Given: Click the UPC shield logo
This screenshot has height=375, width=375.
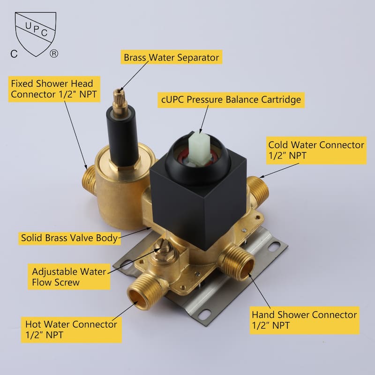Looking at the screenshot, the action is point(36,33).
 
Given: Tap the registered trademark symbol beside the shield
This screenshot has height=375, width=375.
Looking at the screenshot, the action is point(54,53).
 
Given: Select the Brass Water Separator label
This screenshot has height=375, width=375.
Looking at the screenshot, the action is point(172,57).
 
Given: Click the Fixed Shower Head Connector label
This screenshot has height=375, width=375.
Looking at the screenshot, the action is point(54,89).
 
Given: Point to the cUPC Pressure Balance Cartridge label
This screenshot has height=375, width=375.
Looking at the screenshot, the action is point(231,100).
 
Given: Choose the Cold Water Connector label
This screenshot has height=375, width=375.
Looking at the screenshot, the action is point(316,150).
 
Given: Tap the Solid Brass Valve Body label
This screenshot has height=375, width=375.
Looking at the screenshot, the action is point(69,238).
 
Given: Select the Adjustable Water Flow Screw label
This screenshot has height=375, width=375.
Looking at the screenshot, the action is point(69,277).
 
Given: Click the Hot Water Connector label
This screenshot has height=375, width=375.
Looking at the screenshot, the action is point(71,330).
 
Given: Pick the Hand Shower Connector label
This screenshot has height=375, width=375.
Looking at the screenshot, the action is point(304,320).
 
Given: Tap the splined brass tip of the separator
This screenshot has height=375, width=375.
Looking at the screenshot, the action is point(120,98).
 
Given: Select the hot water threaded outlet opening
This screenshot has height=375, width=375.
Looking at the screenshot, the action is point(137,298).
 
